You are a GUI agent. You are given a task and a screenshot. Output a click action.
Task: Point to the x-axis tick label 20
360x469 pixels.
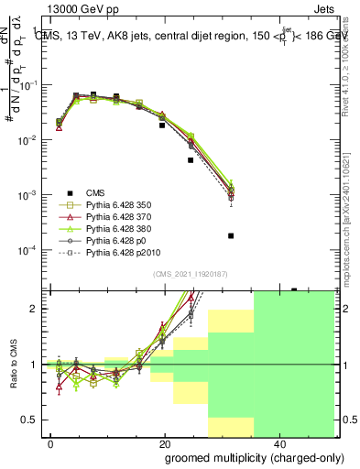point(164,443)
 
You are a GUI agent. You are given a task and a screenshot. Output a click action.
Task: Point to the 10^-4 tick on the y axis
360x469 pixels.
point(31,250)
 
